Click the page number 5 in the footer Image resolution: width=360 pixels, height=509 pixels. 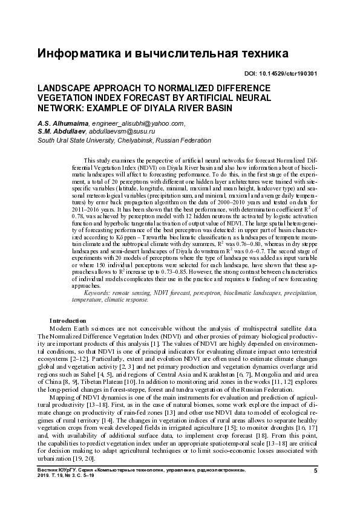click(x=315, y=470)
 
